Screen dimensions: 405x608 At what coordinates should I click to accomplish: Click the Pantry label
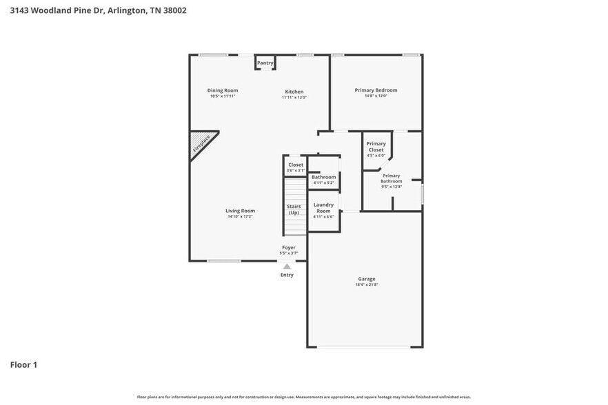[265, 63]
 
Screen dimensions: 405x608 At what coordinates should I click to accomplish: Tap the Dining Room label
[223, 90]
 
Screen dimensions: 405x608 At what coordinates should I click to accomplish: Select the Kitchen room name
[294, 92]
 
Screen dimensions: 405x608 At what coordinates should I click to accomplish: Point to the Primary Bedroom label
[376, 90]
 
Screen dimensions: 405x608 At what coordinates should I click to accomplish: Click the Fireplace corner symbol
[201, 143]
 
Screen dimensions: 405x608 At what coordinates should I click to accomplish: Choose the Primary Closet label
[376, 147]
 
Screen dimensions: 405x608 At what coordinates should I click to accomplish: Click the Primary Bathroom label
[391, 178]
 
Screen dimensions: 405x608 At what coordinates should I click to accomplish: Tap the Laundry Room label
[323, 207]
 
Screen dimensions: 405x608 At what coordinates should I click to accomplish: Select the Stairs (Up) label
[294, 209]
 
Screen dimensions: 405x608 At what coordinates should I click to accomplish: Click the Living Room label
[240, 211]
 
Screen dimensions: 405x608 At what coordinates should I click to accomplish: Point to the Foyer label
[289, 247]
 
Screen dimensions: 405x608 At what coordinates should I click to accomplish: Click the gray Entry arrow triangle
[287, 266]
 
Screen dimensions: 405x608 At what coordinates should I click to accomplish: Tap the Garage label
[366, 279]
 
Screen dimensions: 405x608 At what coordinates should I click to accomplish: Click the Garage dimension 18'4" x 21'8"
[366, 285]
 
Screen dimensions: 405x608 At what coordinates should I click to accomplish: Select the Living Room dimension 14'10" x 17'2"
[240, 217]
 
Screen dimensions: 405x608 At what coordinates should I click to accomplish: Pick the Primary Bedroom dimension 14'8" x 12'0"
[376, 96]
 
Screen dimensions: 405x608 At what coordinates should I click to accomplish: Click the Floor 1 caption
[23, 364]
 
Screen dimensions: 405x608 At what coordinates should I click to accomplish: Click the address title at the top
[98, 10]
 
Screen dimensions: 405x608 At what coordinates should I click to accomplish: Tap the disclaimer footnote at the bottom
[303, 397]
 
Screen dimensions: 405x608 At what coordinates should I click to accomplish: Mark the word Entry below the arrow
[287, 275]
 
